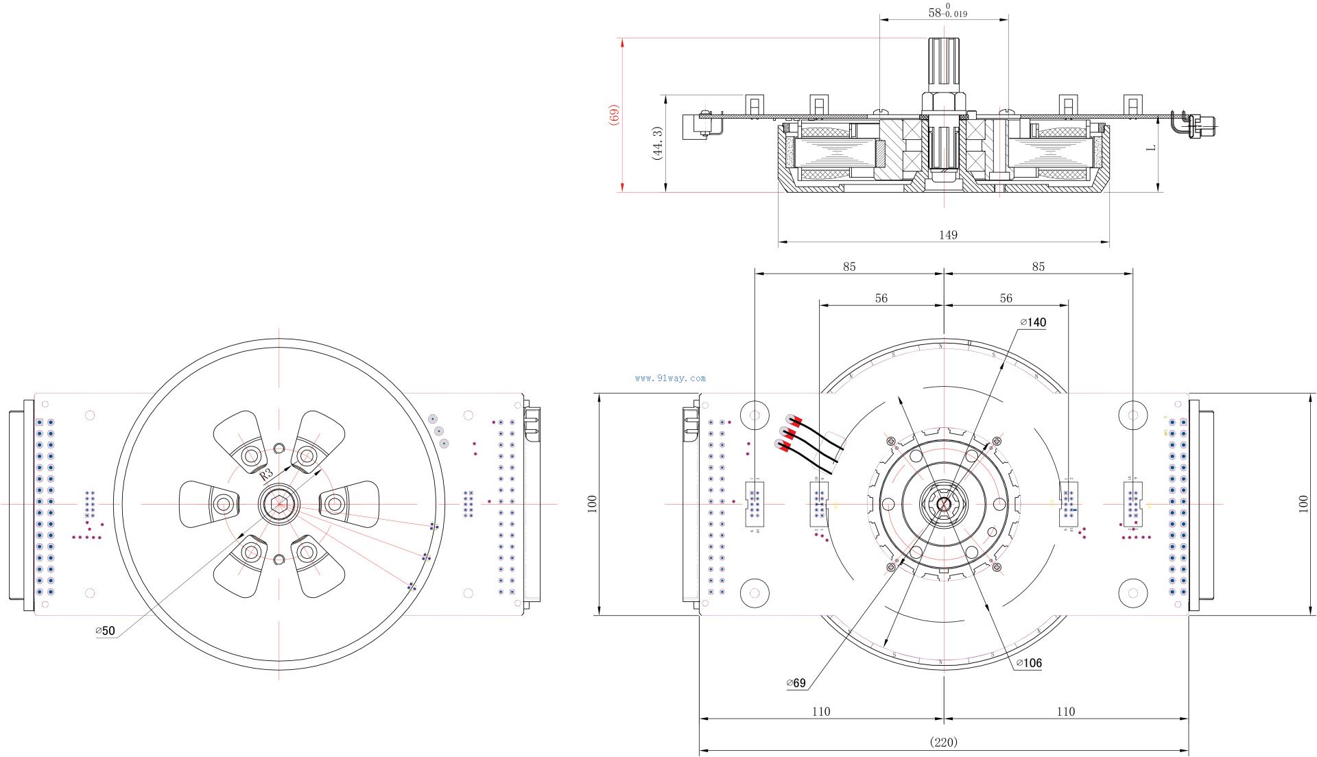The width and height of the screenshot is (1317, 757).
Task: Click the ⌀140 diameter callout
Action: [x=1034, y=322]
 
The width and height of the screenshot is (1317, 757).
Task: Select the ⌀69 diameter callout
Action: [x=796, y=683]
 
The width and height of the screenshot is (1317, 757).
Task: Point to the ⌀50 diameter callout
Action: [x=106, y=631]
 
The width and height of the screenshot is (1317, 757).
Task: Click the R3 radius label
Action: [x=266, y=474]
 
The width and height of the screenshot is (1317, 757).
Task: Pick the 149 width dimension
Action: [x=947, y=235]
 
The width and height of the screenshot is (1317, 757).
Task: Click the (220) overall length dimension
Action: [x=943, y=742]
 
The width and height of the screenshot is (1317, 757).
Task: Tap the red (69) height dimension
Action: [x=615, y=115]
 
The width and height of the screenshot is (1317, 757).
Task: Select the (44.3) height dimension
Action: [x=657, y=143]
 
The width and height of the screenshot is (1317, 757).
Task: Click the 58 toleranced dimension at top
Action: [x=947, y=12]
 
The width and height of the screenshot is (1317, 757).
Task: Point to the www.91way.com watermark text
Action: [x=670, y=378]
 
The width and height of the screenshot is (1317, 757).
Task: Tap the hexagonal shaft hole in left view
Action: [x=278, y=504]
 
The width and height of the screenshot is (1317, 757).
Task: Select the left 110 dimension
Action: [x=820, y=712]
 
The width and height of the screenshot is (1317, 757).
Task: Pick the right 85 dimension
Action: [x=1038, y=267]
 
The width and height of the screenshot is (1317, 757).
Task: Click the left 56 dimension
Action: [x=881, y=298]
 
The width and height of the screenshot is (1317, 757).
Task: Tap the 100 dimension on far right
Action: [x=1303, y=504]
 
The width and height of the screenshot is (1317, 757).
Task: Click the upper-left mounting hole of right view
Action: [x=755, y=415]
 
